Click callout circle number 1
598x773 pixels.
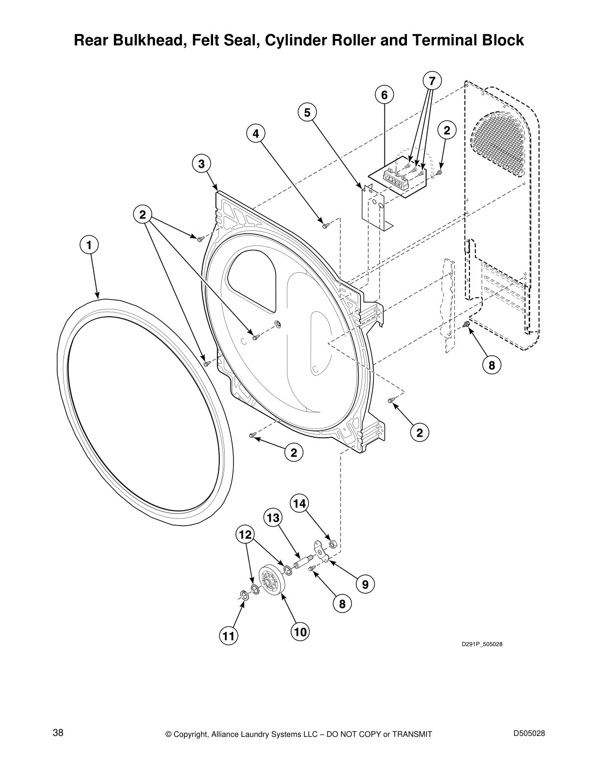point(89,244)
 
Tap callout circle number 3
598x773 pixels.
point(201,163)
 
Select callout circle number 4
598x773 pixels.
point(256,133)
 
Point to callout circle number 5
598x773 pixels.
point(307,113)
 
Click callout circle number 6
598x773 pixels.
point(384,95)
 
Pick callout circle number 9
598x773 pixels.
point(365,584)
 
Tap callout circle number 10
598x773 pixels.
point(300,632)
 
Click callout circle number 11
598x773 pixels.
point(228,636)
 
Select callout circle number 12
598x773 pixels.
point(245,535)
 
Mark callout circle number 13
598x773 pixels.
point(274,517)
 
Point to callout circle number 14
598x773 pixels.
point(300,503)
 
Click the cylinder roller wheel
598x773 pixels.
point(273,579)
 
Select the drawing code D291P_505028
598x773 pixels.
point(482,644)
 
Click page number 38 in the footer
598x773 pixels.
point(58,732)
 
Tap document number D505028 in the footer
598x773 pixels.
point(529,732)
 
